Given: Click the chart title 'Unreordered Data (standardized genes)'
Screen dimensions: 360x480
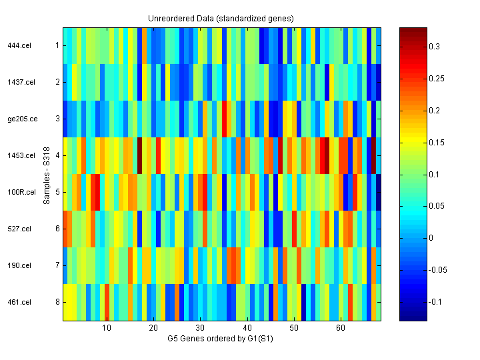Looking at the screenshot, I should [221, 18].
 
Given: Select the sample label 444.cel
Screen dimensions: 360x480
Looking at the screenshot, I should [17, 46].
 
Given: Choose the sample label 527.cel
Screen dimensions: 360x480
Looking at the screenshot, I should [17, 229].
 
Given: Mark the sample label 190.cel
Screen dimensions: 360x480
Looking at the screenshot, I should [17, 266].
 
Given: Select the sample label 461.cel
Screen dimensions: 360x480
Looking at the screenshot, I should [17, 303].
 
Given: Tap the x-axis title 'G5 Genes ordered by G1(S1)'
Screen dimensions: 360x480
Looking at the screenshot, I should [221, 339].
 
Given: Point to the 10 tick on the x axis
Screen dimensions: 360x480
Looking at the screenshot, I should [106, 329].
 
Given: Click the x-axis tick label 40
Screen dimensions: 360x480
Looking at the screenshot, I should [247, 329].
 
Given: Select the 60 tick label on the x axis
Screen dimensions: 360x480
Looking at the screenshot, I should [341, 329].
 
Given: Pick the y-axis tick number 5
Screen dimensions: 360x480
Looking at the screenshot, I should [57, 193].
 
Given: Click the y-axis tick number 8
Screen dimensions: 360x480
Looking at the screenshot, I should [57, 303].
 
